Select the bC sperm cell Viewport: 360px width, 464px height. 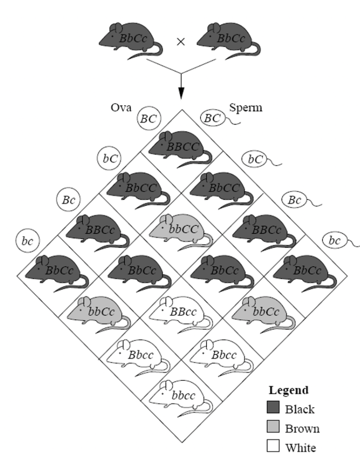pyautogui.click(x=255, y=159)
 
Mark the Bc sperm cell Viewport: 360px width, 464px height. pyautogui.click(x=294, y=200)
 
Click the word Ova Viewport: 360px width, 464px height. pyautogui.click(x=116, y=108)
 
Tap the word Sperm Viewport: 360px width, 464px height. pyautogui.click(x=246, y=108)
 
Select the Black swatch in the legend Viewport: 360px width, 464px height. pyautogui.click(x=273, y=408)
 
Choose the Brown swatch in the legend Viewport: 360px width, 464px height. pyautogui.click(x=273, y=428)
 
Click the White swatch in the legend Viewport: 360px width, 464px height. pyautogui.click(x=273, y=447)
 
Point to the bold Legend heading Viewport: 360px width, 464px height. pyautogui.click(x=288, y=390)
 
